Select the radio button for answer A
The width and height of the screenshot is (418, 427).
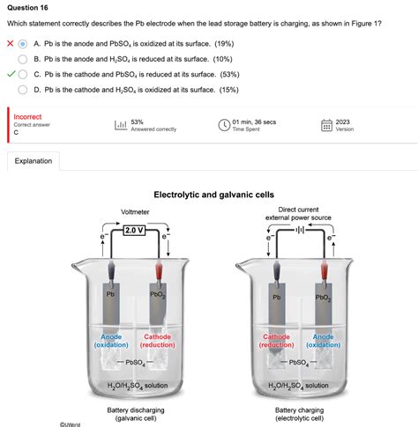click(x=24, y=42)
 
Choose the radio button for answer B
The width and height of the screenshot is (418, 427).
click(x=24, y=58)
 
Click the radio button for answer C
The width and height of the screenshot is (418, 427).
click(x=24, y=74)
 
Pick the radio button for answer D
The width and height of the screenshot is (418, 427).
click(x=24, y=89)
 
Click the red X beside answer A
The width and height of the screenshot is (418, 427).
click(x=10, y=42)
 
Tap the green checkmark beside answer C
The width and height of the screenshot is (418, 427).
click(x=10, y=74)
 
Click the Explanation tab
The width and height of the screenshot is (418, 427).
click(x=34, y=161)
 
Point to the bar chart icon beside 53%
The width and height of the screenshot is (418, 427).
click(x=120, y=125)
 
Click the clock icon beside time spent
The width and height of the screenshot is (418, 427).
click(x=224, y=125)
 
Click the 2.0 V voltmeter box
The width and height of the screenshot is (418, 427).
click(x=135, y=231)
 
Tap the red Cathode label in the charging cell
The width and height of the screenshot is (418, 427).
click(x=276, y=341)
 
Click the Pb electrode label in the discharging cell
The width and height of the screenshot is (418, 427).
click(x=111, y=294)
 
